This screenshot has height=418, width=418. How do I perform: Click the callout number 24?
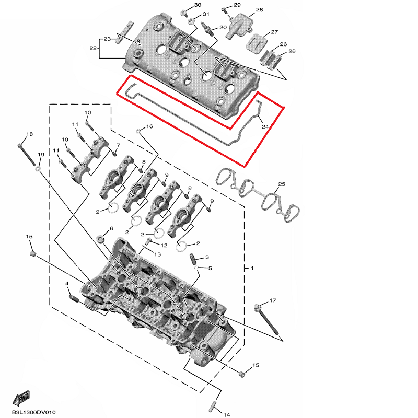[265, 126]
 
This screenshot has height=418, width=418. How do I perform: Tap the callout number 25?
[282, 184]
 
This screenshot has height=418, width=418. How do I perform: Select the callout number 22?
[93, 48]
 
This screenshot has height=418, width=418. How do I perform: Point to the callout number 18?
[30, 134]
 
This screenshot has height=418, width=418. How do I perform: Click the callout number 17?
[272, 300]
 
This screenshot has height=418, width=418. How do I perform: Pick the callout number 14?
[227, 414]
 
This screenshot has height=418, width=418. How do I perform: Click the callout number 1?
[252, 268]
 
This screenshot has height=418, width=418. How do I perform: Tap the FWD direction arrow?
[21, 399]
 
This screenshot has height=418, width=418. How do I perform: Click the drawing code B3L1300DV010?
[34, 412]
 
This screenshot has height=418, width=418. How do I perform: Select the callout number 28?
[259, 9]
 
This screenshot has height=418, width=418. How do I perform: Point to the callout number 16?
[149, 126]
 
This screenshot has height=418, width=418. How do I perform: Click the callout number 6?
[111, 228]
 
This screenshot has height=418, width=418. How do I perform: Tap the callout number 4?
[67, 283]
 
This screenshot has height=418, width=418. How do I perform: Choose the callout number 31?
[206, 14]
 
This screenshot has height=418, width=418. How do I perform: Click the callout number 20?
[223, 27]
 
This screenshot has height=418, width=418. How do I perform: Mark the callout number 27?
[274, 32]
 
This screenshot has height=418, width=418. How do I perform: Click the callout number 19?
[41, 154]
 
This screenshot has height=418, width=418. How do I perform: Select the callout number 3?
[207, 257]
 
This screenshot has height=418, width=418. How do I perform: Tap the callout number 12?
[164, 245]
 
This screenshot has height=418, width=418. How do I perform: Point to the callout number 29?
[237, 5]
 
